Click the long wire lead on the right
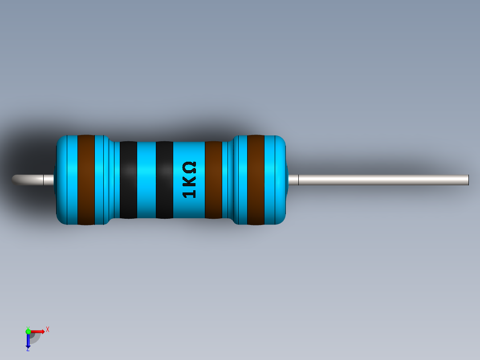(383, 180)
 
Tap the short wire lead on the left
(33, 180)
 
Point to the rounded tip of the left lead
(15, 179)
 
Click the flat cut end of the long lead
(468, 180)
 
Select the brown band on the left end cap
(86, 180)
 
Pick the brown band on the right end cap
(256, 180)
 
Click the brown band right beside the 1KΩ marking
(213, 180)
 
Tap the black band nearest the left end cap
(128, 180)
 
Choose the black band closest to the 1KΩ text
(164, 180)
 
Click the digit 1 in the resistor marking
(189, 194)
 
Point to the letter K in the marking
(189, 181)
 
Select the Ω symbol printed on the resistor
(189, 168)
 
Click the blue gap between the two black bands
(146, 180)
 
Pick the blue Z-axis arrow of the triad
(28, 341)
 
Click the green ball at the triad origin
(28, 331)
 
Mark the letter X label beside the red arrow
(48, 329)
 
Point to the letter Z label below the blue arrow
(28, 350)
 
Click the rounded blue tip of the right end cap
(281, 180)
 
